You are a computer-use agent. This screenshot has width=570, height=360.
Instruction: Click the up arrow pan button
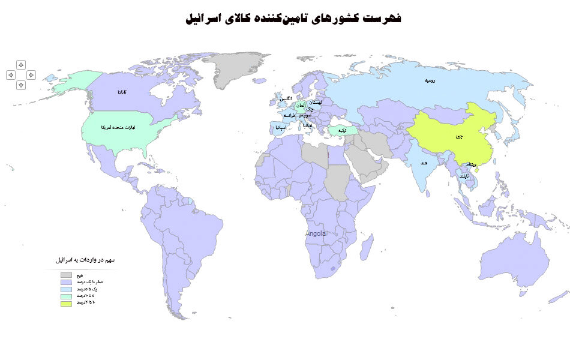pos(21,64)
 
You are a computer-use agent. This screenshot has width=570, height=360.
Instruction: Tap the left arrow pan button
pos(10,75)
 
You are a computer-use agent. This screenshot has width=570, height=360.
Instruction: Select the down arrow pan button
pos(21,85)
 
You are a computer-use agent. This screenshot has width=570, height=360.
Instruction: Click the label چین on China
pos(459,137)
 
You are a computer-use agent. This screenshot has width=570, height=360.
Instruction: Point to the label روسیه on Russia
pos(430,80)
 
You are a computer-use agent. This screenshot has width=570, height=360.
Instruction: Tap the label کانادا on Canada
pos(122,92)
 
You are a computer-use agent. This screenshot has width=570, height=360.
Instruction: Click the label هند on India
pos(424,162)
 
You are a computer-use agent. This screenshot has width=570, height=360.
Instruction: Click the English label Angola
pos(316,233)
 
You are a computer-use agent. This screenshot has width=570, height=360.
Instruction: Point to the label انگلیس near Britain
pos(286,98)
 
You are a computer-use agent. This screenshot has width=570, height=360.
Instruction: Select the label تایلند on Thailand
pos(464,176)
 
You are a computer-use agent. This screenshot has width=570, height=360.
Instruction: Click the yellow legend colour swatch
pos(65,303)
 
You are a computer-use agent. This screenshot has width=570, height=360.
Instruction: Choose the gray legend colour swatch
pos(65,275)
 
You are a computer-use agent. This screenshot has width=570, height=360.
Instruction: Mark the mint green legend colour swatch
pos(65,296)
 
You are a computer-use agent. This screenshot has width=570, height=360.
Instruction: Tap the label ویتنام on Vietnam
pos(471,164)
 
